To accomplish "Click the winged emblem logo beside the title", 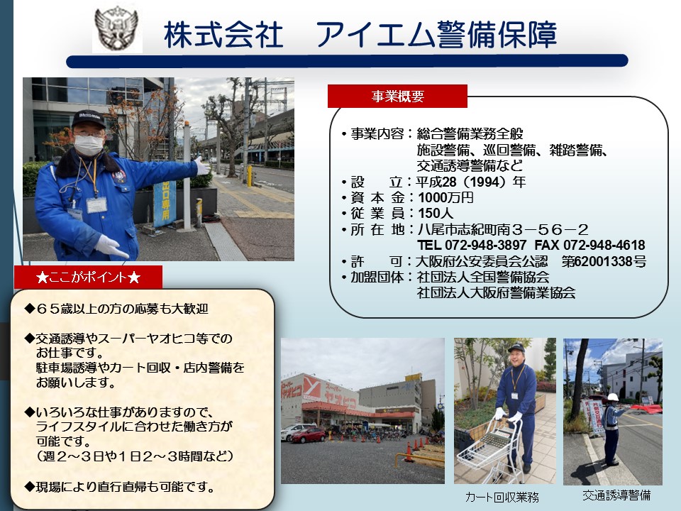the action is pos(117,30).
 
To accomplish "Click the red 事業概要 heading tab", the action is pos(397,96).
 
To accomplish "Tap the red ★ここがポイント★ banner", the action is pos(88,278).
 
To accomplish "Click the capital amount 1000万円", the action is pos(445,198).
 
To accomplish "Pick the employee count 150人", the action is pos(436,214).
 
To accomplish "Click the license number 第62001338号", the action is pos(604,261).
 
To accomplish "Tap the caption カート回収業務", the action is pos(502,497).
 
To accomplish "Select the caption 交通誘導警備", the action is pos(616,495).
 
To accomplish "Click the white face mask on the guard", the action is pos(89,145).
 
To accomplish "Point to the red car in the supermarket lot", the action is pos(308,435).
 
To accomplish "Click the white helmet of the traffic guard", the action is pos(613,397).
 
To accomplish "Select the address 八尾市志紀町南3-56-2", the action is pos(503,229).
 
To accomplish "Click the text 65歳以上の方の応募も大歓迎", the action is pos(117,309).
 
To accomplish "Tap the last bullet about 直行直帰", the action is pos(119,487).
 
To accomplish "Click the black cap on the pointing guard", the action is pos(89,119).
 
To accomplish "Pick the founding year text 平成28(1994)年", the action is pos(471,182).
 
